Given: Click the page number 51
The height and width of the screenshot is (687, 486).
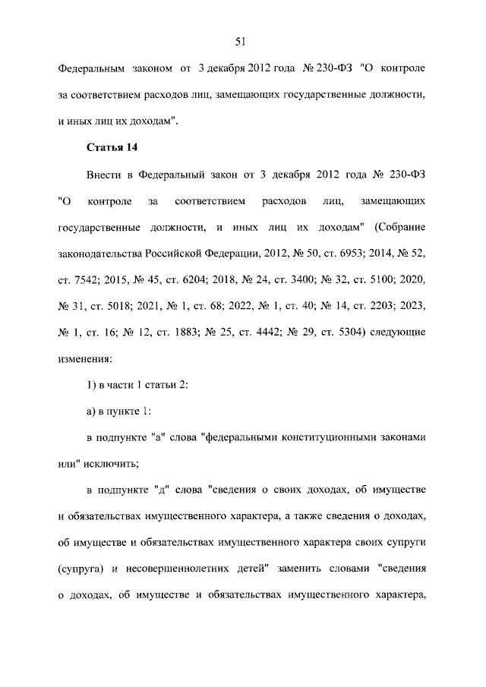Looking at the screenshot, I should pyautogui.click(x=242, y=41).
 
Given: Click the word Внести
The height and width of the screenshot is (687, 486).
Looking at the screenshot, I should pyautogui.click(x=105, y=175).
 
